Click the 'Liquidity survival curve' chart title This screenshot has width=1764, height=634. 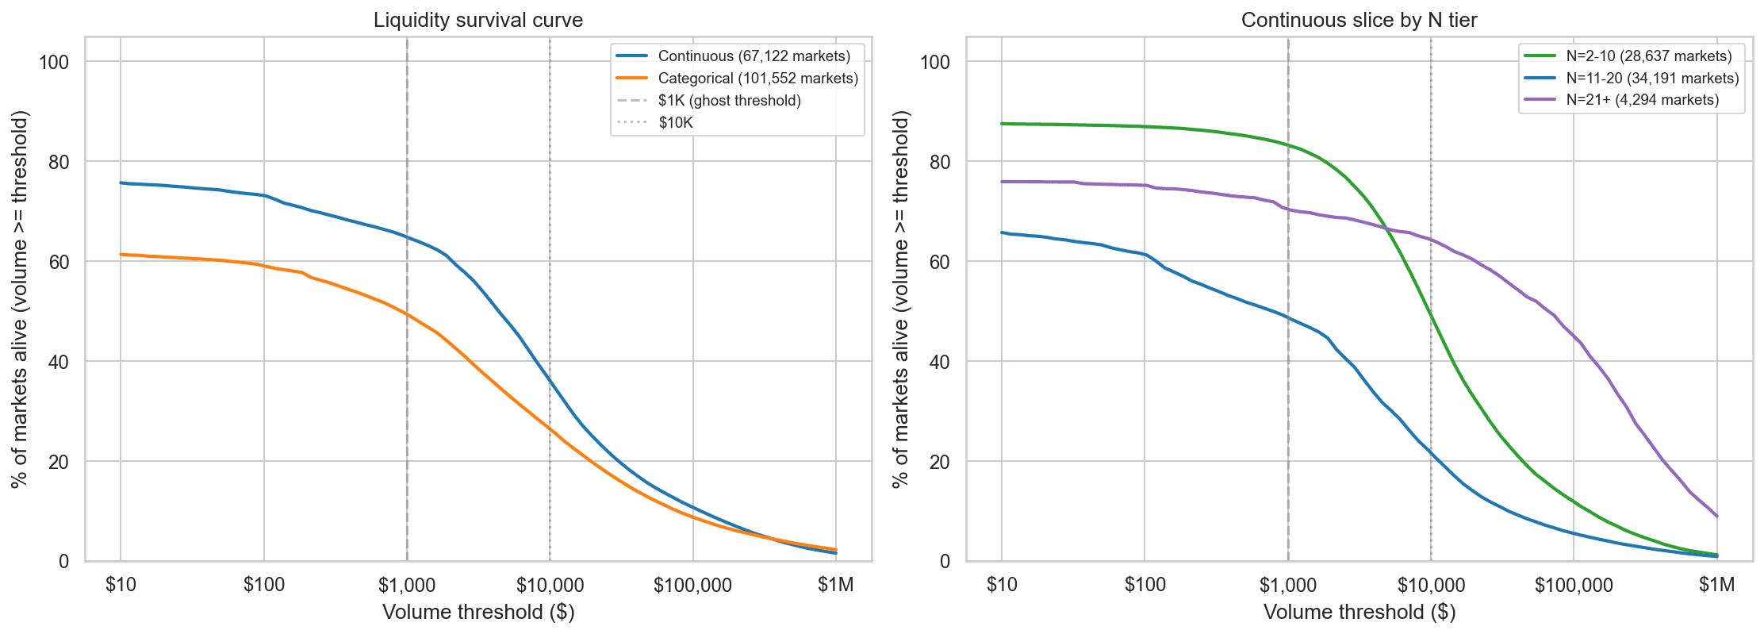(478, 20)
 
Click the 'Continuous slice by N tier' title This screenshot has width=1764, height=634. (1359, 20)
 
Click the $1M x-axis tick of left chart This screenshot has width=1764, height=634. (836, 586)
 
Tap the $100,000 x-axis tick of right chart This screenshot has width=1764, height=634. (1574, 586)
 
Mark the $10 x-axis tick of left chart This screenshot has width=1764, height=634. (121, 586)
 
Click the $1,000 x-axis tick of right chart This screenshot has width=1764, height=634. (1288, 586)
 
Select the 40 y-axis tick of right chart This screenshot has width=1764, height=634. (940, 362)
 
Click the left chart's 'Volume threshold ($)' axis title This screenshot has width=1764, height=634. (478, 613)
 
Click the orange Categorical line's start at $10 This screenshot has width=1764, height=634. (121, 254)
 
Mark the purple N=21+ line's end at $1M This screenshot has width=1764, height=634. (1717, 517)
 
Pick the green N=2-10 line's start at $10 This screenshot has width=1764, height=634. (1002, 124)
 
